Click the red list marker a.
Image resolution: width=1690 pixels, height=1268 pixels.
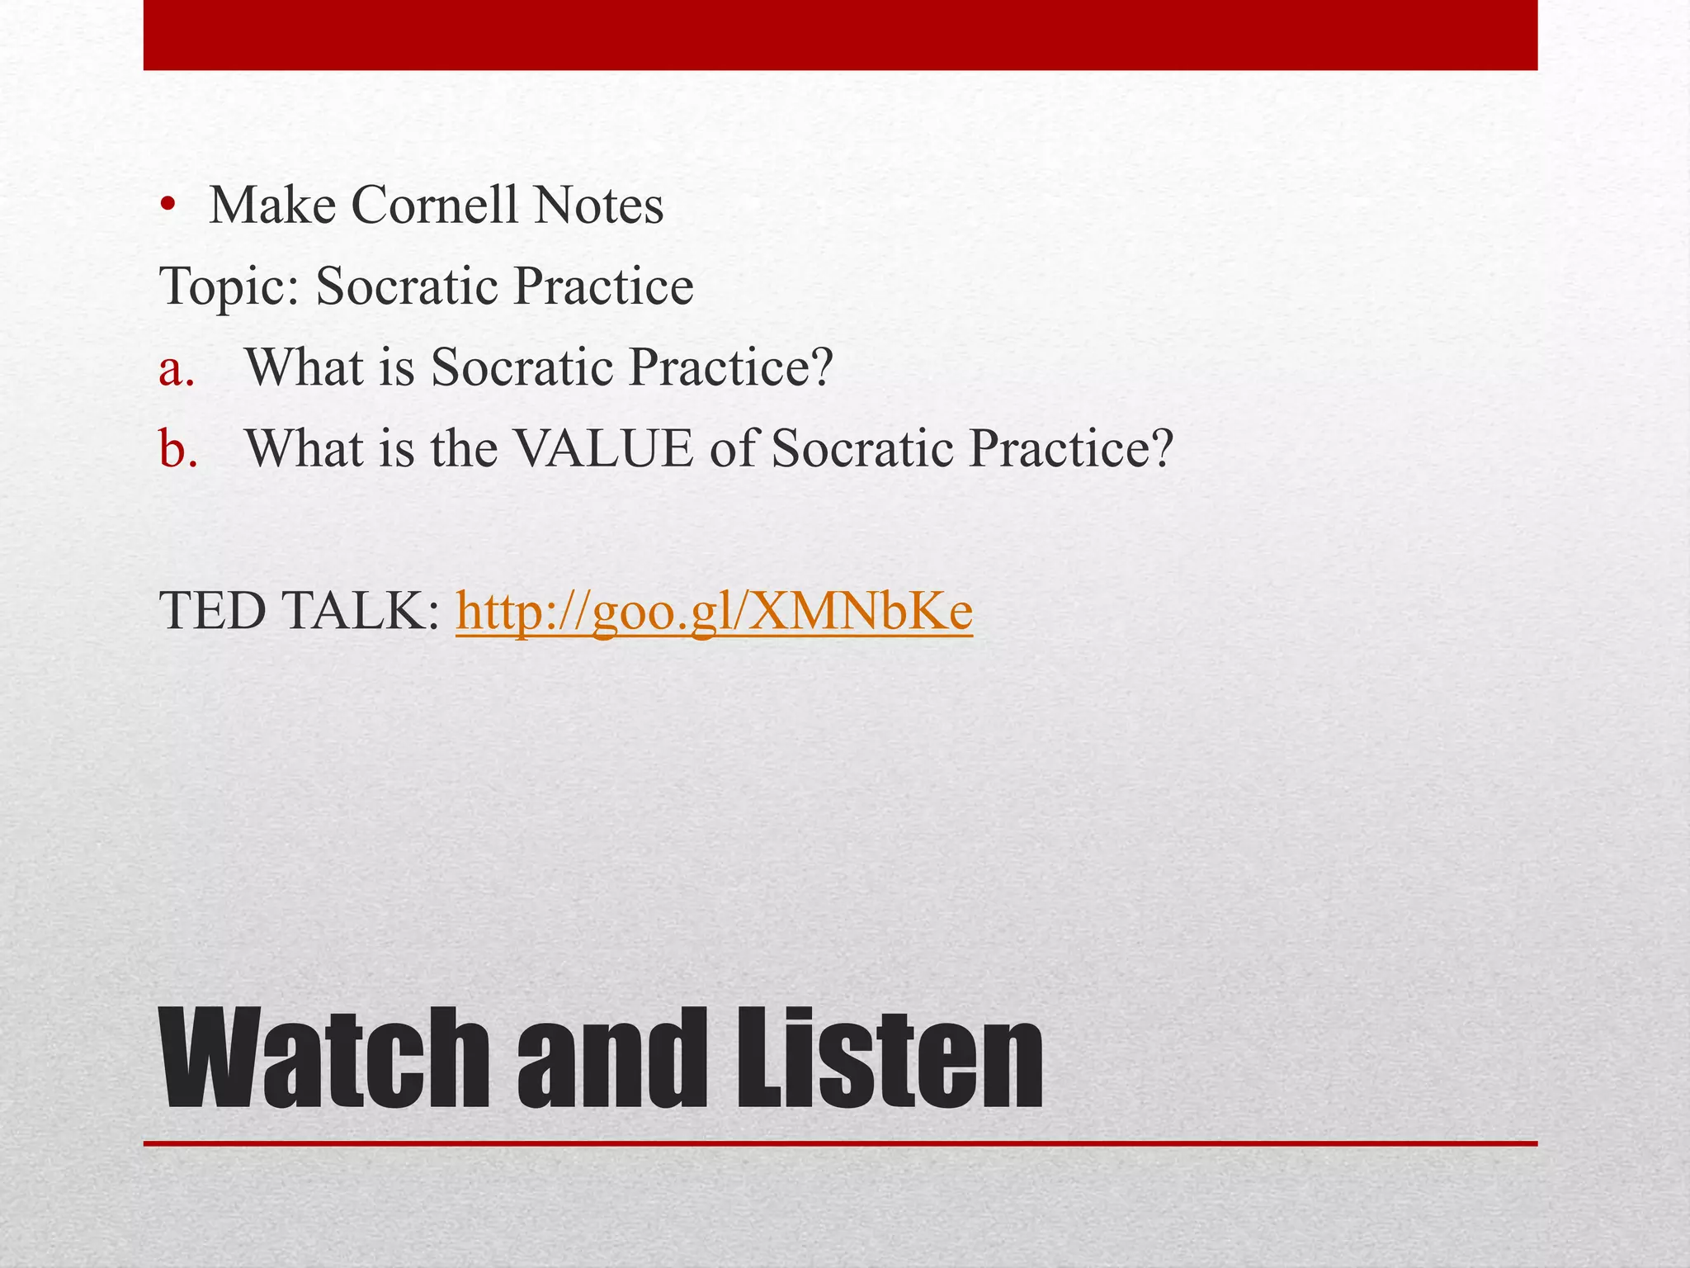pos(177,368)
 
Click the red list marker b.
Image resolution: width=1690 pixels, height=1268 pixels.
pos(178,449)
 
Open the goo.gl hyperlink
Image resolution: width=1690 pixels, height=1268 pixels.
pos(714,613)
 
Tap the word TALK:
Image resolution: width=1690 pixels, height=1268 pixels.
pos(362,612)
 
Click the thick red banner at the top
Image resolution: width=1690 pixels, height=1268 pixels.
pos(840,35)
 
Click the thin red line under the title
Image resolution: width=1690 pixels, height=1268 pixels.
pos(840,1144)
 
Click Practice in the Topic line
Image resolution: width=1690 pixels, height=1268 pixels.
pos(602,286)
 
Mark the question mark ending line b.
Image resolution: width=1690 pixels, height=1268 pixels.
pos(1162,449)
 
